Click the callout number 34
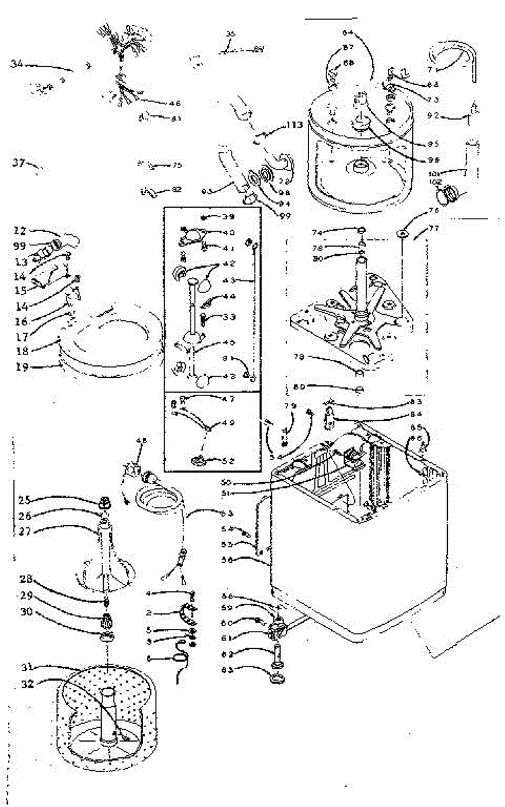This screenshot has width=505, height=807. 17,64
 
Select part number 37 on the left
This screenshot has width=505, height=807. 18,161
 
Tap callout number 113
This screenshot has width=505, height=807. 294,124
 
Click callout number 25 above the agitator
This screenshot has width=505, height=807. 25,500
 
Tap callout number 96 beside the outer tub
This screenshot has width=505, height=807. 433,161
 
